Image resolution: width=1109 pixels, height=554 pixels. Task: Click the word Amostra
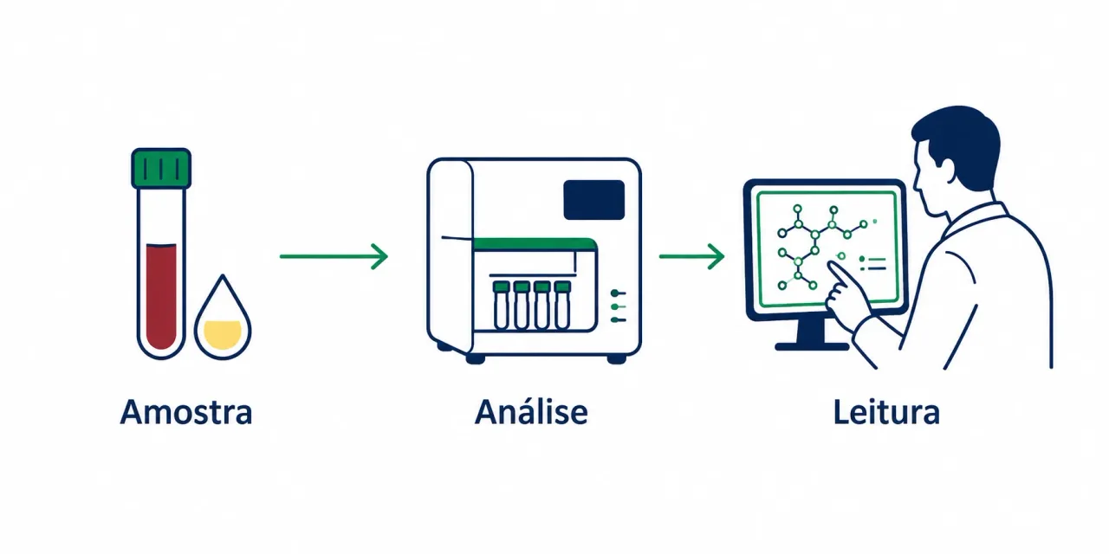tap(186, 412)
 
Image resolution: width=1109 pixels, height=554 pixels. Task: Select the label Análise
tap(531, 411)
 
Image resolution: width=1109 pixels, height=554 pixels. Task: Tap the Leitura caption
tap(886, 411)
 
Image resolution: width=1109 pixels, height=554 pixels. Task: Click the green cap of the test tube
tap(161, 168)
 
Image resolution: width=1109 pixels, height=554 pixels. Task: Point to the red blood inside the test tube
tap(161, 296)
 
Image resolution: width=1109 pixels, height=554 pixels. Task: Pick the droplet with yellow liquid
tap(223, 317)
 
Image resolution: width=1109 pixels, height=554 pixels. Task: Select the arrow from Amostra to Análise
tap(334, 256)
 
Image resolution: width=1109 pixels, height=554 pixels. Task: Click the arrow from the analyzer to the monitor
tap(691, 256)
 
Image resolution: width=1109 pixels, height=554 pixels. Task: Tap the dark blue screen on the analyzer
tap(594, 199)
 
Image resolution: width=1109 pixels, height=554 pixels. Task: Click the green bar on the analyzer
tap(535, 244)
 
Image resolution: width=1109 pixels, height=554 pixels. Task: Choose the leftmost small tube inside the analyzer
tap(502, 305)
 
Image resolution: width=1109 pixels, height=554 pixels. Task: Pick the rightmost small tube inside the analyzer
tap(562, 305)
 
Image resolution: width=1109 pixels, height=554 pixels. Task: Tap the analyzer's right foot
tap(617, 359)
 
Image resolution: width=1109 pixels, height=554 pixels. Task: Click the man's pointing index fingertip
tap(831, 265)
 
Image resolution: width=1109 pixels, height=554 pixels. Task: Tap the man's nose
tap(916, 185)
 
